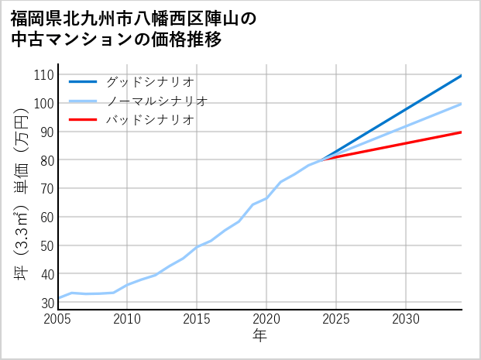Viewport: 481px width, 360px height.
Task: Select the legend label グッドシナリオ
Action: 149,81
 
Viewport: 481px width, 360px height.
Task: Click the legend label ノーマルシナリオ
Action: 156,101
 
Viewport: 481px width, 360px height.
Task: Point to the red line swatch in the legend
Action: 83,120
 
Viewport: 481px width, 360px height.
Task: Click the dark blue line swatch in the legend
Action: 83,81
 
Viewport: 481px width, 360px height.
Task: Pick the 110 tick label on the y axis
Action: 43,75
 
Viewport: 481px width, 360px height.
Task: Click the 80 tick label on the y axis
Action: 46,160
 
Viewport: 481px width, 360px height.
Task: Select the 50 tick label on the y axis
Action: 46,245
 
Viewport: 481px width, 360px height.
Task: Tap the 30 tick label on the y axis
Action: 46,303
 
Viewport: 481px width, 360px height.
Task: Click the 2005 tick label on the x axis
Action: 58,319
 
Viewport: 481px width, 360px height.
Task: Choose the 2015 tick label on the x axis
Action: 197,319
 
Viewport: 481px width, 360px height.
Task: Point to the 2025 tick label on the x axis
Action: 336,319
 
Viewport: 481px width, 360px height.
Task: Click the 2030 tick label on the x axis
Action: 406,319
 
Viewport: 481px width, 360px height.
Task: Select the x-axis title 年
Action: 260,336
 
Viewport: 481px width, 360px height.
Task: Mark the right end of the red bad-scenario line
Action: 461,132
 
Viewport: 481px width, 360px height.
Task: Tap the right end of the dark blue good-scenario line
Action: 461,76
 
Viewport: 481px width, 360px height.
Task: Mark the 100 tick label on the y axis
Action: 43,104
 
